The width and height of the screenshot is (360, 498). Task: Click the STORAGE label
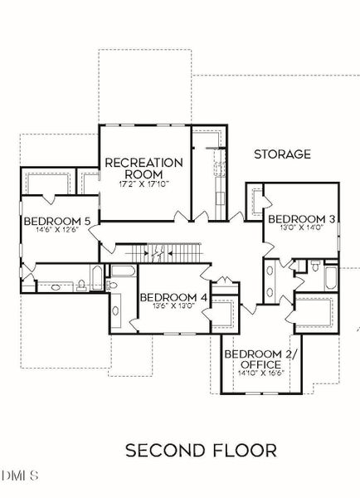(282, 154)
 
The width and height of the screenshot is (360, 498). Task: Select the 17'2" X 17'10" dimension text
(143, 183)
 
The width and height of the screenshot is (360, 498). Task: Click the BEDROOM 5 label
(56, 221)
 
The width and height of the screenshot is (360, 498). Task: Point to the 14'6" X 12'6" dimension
(56, 232)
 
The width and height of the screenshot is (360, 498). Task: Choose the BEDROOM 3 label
(300, 219)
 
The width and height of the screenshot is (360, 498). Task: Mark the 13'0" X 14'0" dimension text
(300, 230)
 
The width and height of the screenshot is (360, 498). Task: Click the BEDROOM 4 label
(173, 296)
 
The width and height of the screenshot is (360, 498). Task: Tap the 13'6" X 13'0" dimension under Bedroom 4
(173, 306)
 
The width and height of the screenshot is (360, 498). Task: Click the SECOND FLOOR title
(201, 450)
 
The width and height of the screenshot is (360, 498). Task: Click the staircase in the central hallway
(158, 250)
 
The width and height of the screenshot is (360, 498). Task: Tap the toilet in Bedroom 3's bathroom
(315, 267)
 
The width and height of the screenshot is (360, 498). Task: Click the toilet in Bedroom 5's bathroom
(83, 286)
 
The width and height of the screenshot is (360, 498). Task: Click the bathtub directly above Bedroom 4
(124, 271)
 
